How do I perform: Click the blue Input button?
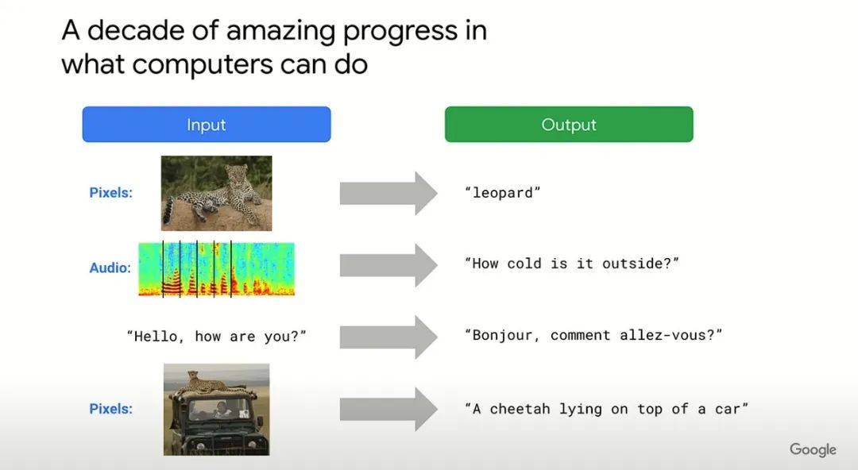(x=207, y=124)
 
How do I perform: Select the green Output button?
(x=569, y=124)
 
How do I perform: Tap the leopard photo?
(x=216, y=193)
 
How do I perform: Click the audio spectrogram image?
(x=216, y=268)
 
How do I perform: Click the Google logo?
(x=813, y=449)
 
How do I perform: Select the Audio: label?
(x=110, y=268)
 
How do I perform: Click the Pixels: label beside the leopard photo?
(x=110, y=193)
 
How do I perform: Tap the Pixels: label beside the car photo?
(x=110, y=409)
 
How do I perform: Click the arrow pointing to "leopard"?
(x=388, y=193)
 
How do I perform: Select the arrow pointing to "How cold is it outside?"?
(x=388, y=265)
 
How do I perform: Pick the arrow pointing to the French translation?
(x=388, y=337)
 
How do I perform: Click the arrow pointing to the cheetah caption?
(x=388, y=410)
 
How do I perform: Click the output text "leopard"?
(x=502, y=193)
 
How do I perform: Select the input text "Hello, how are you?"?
(x=216, y=336)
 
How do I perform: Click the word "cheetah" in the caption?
(x=520, y=409)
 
